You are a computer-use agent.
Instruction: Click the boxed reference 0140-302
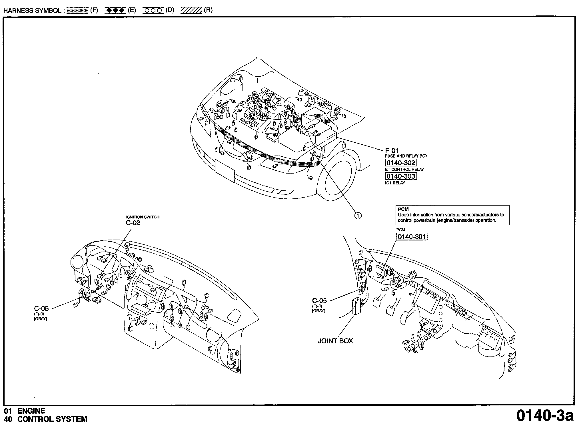coord(400,163)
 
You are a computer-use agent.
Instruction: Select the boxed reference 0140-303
coord(400,176)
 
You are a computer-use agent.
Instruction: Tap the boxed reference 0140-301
coord(412,237)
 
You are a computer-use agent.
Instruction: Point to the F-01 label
coord(392,150)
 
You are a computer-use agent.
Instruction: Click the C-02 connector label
coord(133,223)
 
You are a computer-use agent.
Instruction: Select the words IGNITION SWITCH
coord(143,217)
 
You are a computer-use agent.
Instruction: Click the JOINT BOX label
coord(335,341)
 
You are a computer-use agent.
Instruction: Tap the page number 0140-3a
coord(545,416)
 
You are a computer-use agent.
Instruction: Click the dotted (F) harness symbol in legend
coord(77,11)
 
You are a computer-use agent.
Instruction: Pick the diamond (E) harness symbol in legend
coord(115,11)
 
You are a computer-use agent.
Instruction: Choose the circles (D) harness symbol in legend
coord(153,11)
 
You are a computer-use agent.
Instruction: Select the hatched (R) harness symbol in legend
coord(191,11)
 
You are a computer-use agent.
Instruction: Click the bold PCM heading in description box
coord(403,209)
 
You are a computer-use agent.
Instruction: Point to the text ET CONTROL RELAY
coord(404,169)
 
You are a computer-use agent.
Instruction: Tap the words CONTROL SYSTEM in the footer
coord(52,419)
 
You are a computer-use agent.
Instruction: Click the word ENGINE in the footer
coord(31,411)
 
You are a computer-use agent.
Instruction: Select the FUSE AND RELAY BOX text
coord(406,156)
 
